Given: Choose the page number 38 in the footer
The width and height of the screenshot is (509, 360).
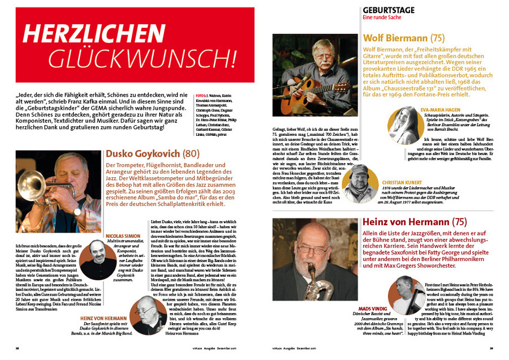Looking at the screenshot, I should point(18,350).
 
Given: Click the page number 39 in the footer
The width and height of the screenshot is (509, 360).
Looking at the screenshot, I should point(491,350).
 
